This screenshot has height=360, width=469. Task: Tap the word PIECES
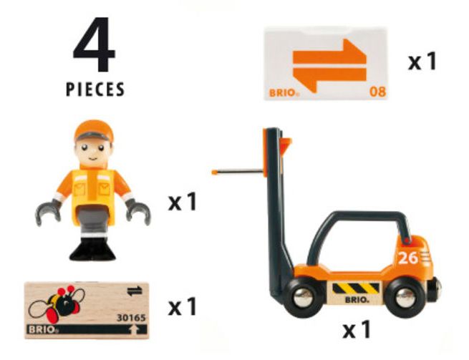pos(95,89)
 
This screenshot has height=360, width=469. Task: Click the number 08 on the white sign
pos(376,92)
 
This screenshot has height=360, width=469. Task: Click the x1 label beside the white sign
pos(422,62)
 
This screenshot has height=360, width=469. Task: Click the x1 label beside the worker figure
pos(183,203)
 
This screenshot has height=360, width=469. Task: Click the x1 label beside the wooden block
pos(183,307)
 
